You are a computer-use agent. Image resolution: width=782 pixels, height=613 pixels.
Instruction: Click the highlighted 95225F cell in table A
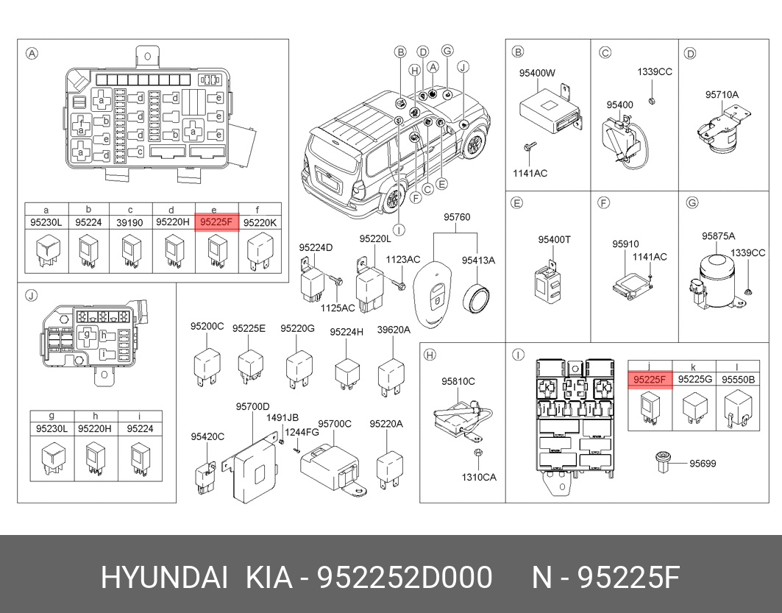pos(217,222)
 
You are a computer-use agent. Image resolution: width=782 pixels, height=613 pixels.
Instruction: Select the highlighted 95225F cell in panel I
pos(650,380)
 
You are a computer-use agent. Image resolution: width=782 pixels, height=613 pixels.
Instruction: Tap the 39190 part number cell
pos(129,222)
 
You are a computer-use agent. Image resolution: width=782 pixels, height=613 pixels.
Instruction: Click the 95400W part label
pos(537,73)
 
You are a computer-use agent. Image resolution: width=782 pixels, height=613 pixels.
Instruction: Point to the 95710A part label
pos(722,94)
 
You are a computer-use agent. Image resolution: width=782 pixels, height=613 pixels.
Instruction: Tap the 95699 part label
pos(703,464)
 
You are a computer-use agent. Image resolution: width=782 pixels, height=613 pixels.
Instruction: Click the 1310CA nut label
pos(479,478)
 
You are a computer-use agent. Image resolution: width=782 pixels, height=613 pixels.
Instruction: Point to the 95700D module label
pos(252,406)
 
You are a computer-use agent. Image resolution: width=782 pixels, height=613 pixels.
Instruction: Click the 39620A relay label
pos(394,330)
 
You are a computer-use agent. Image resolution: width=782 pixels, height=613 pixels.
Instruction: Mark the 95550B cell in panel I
pos(738,380)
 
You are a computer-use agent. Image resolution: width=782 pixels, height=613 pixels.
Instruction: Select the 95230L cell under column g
pos(52,428)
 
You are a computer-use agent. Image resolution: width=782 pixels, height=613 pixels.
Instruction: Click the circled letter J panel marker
pos(31,296)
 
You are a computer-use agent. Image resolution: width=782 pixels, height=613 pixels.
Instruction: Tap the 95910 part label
pos(625,244)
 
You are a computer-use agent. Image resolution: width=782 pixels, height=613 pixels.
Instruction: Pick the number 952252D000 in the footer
pos(405,578)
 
